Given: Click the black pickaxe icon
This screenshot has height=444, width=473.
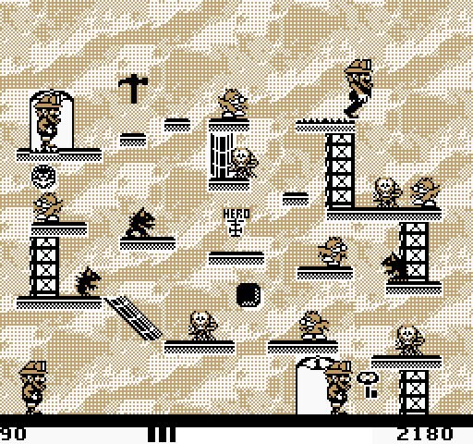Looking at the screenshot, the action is click(x=133, y=89).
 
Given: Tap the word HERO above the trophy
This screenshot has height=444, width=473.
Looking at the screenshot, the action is click(x=236, y=214).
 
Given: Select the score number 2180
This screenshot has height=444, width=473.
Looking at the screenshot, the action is click(x=425, y=434).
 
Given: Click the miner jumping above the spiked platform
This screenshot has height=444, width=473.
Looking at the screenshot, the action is click(x=358, y=89).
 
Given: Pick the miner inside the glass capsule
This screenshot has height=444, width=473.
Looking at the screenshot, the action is click(x=48, y=123).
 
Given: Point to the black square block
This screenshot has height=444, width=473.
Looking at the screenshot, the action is click(x=249, y=295).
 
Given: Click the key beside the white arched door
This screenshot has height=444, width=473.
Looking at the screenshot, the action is click(x=368, y=384).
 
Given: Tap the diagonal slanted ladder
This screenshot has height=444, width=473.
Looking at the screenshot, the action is click(x=133, y=317).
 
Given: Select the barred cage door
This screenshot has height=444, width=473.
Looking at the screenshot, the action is click(x=221, y=156).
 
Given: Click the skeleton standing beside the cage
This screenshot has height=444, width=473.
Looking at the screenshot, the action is click(x=244, y=164).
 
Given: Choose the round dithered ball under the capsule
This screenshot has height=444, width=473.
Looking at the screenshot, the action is click(x=43, y=177).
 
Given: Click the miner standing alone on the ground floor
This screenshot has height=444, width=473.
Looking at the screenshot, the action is click(x=32, y=388).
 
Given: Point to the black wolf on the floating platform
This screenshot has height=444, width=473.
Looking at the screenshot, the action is click(x=140, y=223).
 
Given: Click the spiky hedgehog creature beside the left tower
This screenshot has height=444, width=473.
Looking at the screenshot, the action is click(x=88, y=282).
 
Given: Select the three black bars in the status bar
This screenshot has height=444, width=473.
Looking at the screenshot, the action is click(x=162, y=434).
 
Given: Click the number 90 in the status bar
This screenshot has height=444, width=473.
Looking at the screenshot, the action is click(x=12, y=434).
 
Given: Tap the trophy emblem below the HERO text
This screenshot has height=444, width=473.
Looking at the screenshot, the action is click(x=236, y=228).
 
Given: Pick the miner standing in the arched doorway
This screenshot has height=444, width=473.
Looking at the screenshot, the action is click(x=339, y=388).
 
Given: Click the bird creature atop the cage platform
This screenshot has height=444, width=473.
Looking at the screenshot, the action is click(x=233, y=104).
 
